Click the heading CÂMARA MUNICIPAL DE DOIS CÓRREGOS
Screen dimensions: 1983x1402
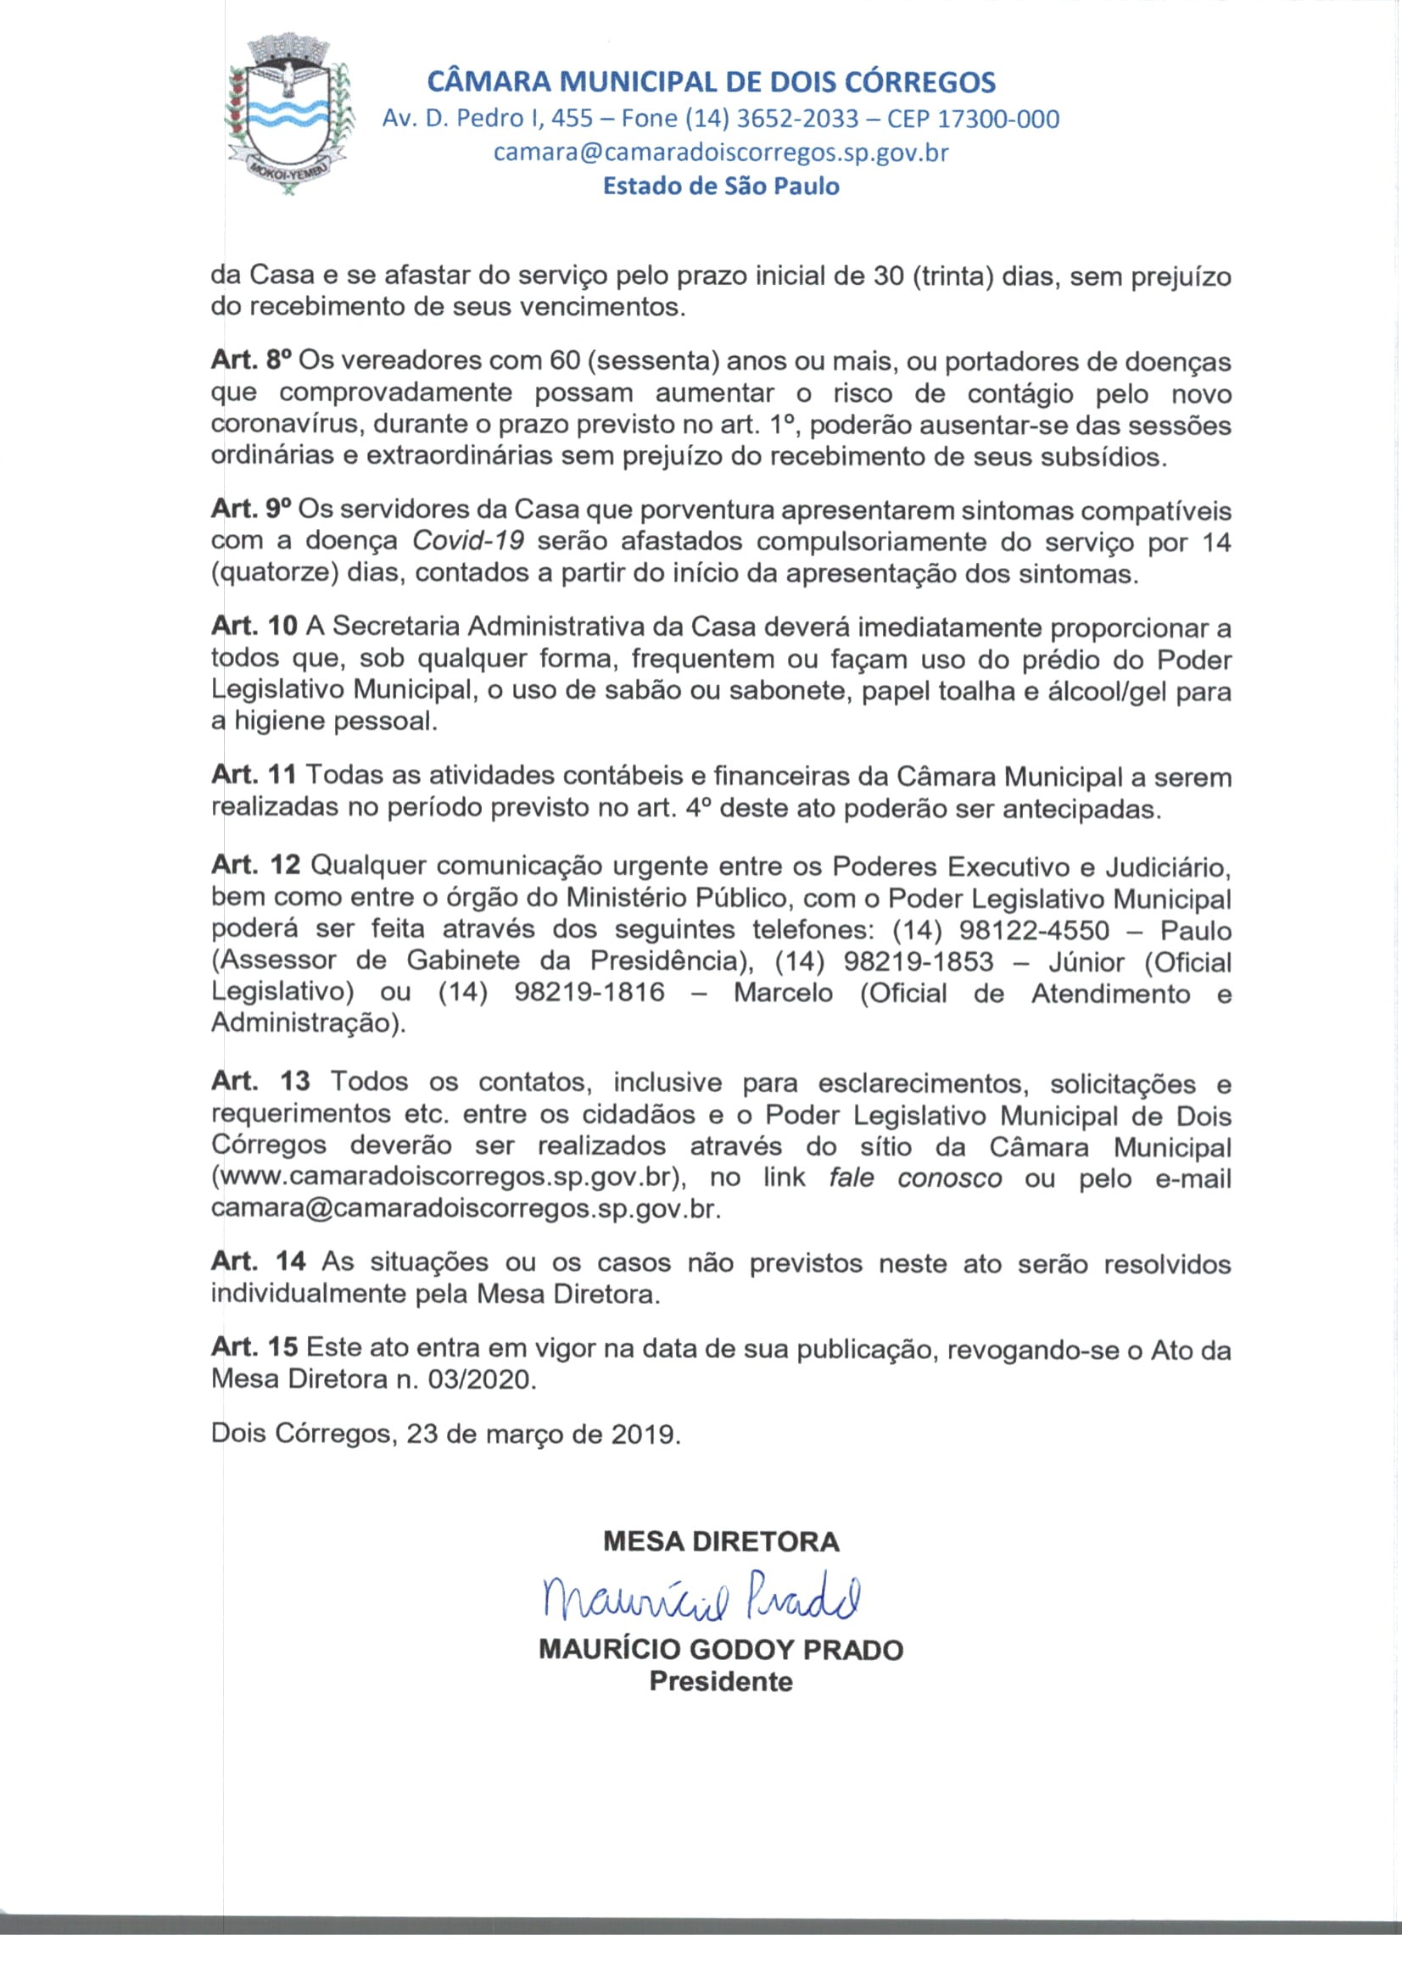tap(712, 83)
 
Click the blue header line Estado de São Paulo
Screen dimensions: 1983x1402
tap(720, 186)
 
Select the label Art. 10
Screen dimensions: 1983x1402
tap(254, 626)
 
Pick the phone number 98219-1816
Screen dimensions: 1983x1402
tap(589, 993)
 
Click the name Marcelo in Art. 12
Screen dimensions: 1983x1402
tap(783, 993)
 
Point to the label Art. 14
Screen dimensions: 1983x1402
tap(259, 1262)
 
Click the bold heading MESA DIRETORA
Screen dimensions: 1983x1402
tap(720, 1541)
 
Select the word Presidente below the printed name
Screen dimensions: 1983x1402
tap(720, 1681)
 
